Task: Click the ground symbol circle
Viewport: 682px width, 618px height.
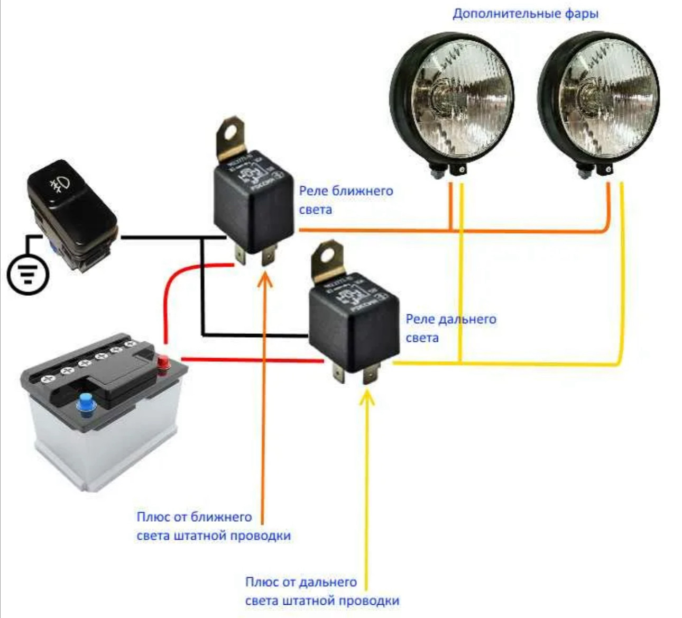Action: pyautogui.click(x=28, y=274)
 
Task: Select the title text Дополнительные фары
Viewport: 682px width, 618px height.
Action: pyautogui.click(x=526, y=13)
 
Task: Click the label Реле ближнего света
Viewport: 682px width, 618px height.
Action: pyautogui.click(x=346, y=200)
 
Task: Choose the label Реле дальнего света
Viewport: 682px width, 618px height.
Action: pyautogui.click(x=450, y=328)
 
